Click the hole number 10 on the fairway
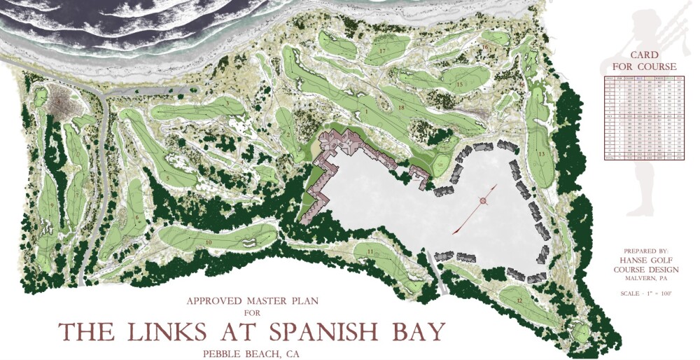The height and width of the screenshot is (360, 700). [209, 242]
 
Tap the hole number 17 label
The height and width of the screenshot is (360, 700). [383, 52]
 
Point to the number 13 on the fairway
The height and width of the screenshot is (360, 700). [541, 154]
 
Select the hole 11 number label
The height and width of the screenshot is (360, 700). [369, 252]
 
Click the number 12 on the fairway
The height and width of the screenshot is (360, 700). [519, 300]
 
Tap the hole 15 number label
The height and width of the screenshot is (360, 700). [460, 85]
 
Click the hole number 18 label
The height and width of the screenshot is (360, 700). [401, 108]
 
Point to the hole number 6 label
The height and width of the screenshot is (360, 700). [137, 218]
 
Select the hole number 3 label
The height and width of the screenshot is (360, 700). [227, 103]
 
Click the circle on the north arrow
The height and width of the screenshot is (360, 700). [481, 202]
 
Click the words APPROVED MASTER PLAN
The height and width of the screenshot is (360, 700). [252, 301]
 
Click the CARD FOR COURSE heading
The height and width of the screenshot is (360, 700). [644, 61]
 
